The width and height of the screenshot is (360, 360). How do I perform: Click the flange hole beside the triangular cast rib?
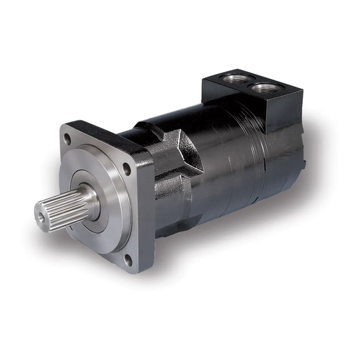127,169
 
